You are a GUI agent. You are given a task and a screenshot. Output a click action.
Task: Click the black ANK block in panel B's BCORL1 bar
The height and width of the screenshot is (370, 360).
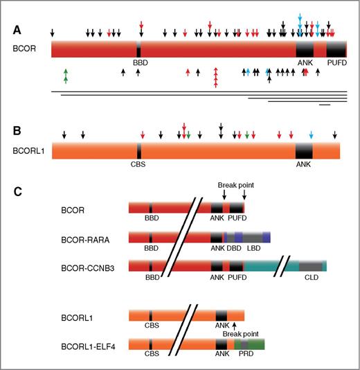[304, 151]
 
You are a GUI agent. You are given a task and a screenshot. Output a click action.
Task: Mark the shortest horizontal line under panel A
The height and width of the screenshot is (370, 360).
[325, 105]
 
